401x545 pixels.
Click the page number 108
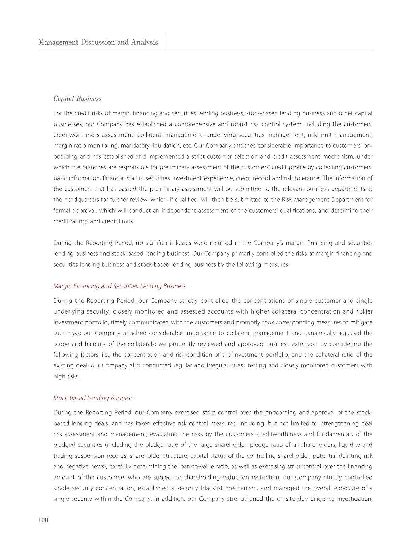click(43, 520)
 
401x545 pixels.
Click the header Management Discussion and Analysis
click(98, 42)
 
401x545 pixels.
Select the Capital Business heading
click(78, 99)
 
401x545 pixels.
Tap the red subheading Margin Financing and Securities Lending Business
click(119, 286)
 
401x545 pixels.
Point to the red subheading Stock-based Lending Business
click(93, 398)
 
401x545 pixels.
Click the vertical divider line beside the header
click(165, 42)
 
